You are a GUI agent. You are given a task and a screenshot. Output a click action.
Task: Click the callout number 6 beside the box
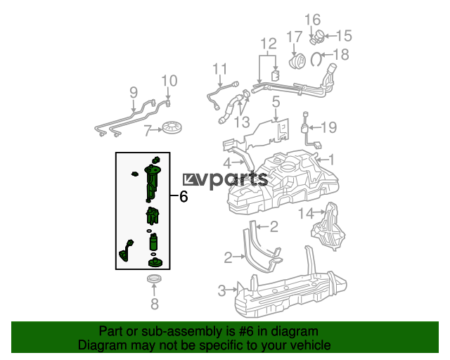pyautogui.click(x=184, y=197)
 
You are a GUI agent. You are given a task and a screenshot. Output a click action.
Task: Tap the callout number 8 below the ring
pyautogui.click(x=155, y=304)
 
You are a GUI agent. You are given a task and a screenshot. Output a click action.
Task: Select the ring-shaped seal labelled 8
pyautogui.click(x=154, y=278)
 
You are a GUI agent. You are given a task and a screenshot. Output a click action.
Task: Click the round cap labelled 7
pyautogui.click(x=172, y=127)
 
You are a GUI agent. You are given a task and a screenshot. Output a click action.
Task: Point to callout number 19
pyautogui.click(x=328, y=127)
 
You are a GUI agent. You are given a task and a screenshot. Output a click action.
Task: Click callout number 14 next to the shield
pyautogui.click(x=306, y=213)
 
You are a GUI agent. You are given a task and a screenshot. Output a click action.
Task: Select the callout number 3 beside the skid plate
pyautogui.click(x=222, y=290)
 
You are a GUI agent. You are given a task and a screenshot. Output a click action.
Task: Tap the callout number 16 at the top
pyautogui.click(x=312, y=20)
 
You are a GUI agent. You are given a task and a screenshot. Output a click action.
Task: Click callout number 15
pyautogui.click(x=344, y=36)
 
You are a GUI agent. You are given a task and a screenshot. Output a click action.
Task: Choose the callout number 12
pyautogui.click(x=269, y=44)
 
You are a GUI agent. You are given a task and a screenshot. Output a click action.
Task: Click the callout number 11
pyautogui.click(x=220, y=69)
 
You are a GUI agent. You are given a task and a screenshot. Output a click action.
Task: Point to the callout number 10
pyautogui.click(x=169, y=81)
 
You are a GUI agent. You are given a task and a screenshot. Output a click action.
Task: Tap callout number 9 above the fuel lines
pyautogui.click(x=134, y=92)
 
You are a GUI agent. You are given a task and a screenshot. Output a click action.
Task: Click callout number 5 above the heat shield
pyautogui.click(x=276, y=102)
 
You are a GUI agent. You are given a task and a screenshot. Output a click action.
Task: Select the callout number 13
pyautogui.click(x=243, y=122)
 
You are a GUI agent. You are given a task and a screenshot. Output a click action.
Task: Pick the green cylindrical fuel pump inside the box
pyautogui.click(x=154, y=242)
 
